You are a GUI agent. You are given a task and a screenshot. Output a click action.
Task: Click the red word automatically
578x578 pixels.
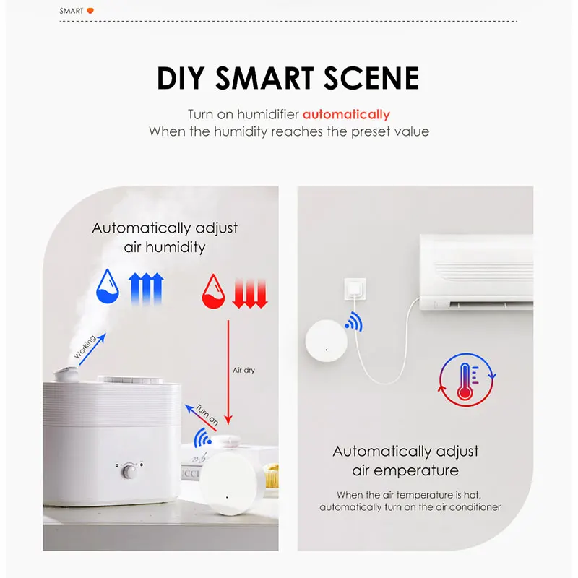346,114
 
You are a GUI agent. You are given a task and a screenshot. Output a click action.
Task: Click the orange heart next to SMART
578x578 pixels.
90,11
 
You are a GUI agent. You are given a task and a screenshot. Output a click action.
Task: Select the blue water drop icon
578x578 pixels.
108,287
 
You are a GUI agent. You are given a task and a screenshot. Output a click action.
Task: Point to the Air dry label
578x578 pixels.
243,371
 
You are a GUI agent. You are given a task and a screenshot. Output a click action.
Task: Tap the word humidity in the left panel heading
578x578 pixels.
178,247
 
